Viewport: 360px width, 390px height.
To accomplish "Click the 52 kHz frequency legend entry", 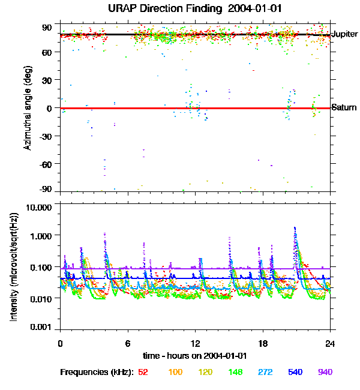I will pyautogui.click(x=143, y=373).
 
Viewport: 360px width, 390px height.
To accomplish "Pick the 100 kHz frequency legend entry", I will pyautogui.click(x=175, y=373).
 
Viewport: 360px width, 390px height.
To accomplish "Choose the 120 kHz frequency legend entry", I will pyautogui.click(x=206, y=373).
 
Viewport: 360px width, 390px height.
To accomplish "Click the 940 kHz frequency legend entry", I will pyautogui.click(x=325, y=373).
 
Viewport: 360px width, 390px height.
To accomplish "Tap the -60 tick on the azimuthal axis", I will pyautogui.click(x=46, y=164).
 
